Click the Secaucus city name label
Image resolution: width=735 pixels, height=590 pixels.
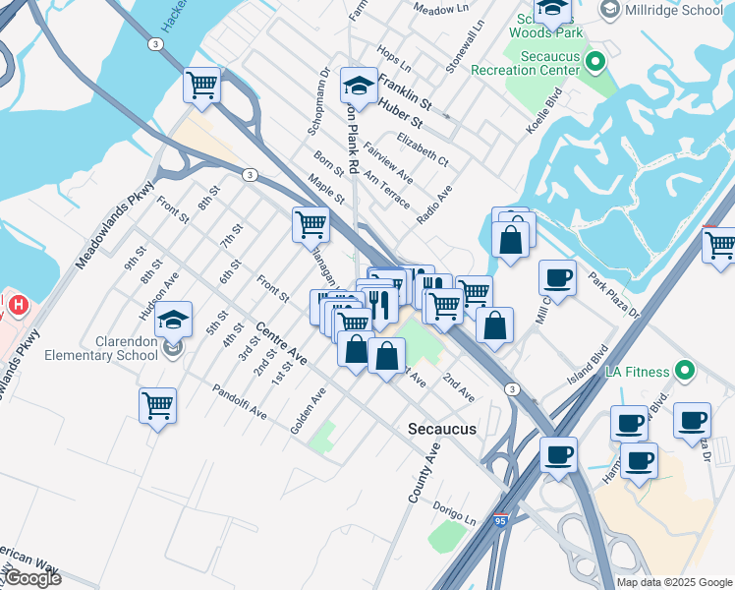click(442, 430)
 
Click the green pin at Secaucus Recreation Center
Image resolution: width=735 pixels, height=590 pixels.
click(594, 63)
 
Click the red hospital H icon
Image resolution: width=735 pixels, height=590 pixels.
click(17, 307)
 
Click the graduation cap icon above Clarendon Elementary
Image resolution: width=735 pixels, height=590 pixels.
click(173, 321)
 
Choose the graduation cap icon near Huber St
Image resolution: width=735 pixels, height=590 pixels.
click(359, 86)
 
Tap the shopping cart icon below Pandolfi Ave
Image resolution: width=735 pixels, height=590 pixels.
click(157, 405)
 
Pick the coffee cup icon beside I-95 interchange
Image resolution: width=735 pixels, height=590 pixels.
click(558, 456)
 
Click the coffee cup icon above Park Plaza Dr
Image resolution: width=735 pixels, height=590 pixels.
click(557, 278)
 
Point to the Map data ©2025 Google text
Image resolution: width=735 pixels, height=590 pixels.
click(674, 582)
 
